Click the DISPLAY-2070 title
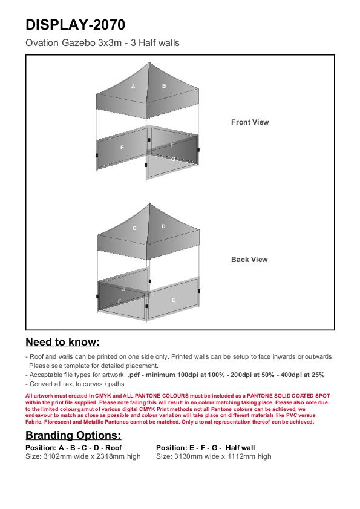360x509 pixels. point(75,25)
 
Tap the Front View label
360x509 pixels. point(250,122)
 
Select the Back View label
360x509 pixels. point(249,260)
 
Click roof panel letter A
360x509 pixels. point(133,87)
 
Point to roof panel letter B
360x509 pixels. point(164,86)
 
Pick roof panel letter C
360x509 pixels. point(134,228)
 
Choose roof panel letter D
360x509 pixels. point(163,226)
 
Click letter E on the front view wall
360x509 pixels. point(122,148)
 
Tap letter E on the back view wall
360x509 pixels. point(174,300)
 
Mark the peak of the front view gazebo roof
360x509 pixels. point(149,62)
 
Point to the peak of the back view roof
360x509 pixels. point(149,203)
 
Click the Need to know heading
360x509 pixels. point(63,342)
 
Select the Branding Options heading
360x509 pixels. point(73,435)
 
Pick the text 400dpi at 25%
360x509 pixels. point(303,375)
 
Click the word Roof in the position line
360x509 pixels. point(114,448)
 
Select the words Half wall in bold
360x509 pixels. point(240,448)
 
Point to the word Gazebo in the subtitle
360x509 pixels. point(79,43)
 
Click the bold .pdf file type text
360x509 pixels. point(134,375)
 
